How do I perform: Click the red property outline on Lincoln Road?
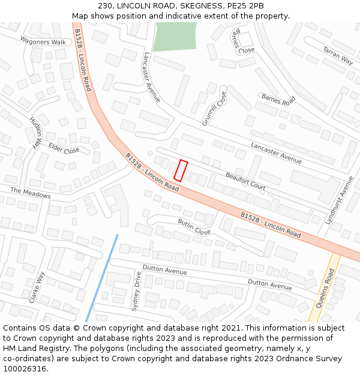[181, 170]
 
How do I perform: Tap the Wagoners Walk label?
[43, 42]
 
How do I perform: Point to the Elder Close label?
[64, 148]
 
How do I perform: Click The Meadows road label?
[31, 193]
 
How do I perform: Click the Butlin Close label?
[194, 227]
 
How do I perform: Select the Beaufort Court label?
[245, 181]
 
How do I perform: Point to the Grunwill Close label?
[214, 108]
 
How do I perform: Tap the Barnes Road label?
[278, 99]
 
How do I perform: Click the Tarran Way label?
[338, 55]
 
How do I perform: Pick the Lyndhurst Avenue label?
[340, 200]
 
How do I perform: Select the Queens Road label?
[325, 289]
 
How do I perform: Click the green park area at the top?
[174, 36]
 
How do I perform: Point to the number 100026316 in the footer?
[25, 369]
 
